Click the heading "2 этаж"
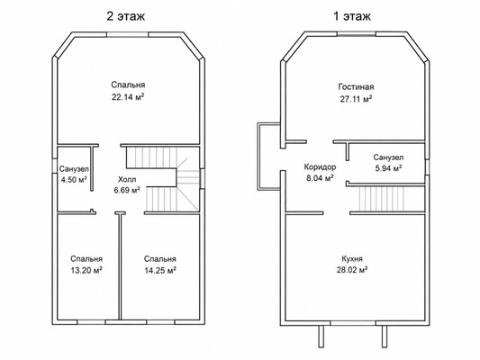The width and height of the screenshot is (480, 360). click(125, 16)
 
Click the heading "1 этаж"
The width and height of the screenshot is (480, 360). click(352, 16)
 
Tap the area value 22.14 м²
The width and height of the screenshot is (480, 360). click(128, 97)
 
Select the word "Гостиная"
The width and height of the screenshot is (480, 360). click(356, 87)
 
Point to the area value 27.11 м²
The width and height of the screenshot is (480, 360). click(356, 99)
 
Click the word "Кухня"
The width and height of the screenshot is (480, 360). click(352, 259)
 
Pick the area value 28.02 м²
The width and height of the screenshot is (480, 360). click(351, 270)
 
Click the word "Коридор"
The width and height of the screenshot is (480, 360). click(320, 167)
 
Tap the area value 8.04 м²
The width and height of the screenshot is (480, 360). click(320, 178)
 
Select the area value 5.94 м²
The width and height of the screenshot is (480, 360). click(388, 168)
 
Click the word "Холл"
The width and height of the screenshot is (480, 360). click(127, 179)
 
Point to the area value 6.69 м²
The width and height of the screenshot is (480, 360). click(127, 190)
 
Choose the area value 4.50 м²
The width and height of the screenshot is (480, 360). click(74, 179)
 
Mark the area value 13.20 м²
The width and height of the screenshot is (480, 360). click(86, 270)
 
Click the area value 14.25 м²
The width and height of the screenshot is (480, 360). click(160, 270)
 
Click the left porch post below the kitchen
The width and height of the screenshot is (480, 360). click(321, 336)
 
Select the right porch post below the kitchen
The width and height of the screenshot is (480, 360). click(385, 336)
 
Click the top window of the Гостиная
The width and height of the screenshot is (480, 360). click(357, 34)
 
